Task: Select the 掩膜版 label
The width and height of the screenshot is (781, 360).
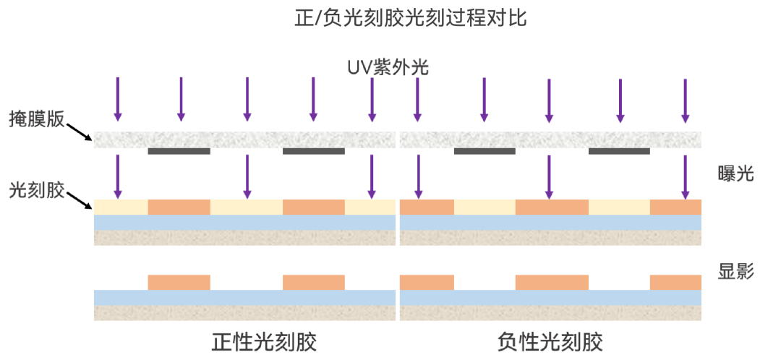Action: (x=37, y=119)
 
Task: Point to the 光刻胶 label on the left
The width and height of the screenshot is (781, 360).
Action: (x=37, y=190)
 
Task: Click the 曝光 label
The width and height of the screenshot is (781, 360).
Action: (x=735, y=173)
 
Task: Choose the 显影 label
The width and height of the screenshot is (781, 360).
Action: (x=735, y=272)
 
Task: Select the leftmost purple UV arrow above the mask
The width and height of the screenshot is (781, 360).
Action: (x=118, y=99)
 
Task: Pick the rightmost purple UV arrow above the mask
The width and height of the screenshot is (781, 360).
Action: (x=685, y=99)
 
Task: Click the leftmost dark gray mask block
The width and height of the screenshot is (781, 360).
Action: (x=179, y=151)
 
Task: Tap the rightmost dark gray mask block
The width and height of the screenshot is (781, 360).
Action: (x=618, y=151)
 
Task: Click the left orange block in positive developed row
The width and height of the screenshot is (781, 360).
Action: (x=179, y=282)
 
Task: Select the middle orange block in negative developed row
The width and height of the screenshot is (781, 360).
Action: (x=551, y=282)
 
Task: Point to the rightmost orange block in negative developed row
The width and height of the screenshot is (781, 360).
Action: (x=675, y=282)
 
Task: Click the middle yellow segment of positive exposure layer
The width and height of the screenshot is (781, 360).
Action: (x=246, y=207)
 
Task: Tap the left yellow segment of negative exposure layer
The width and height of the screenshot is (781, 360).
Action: (x=485, y=207)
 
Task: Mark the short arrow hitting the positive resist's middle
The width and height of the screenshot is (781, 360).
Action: (x=247, y=176)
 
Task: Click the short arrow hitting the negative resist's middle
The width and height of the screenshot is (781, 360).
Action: (x=549, y=176)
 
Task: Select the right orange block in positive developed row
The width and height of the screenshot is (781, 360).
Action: (x=313, y=282)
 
